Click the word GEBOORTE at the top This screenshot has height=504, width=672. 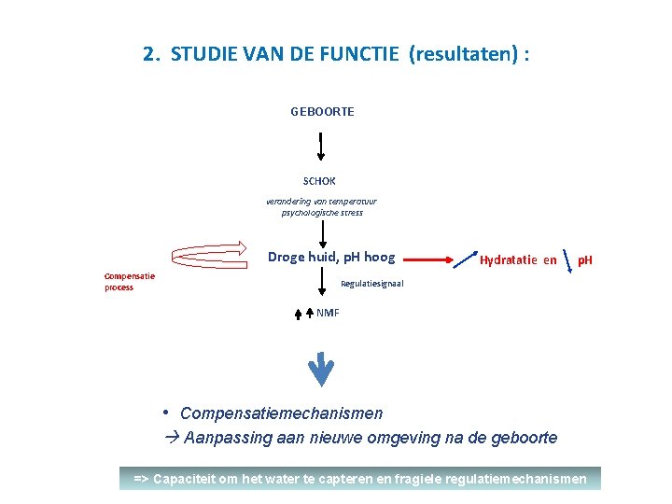322,111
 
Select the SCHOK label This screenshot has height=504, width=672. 319,181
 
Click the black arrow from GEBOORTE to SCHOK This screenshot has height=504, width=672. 321,147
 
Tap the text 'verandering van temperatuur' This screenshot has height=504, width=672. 321,201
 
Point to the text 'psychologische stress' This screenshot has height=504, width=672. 322,213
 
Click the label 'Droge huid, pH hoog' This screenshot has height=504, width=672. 331,258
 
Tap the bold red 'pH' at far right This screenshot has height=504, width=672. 585,260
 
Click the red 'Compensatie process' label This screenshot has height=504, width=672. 130,281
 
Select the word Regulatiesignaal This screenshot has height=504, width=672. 372,283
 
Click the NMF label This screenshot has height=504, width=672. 328,313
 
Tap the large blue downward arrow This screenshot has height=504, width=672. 321,369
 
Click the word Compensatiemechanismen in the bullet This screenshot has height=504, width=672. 281,413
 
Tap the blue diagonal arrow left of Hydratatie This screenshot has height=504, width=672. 464,259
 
